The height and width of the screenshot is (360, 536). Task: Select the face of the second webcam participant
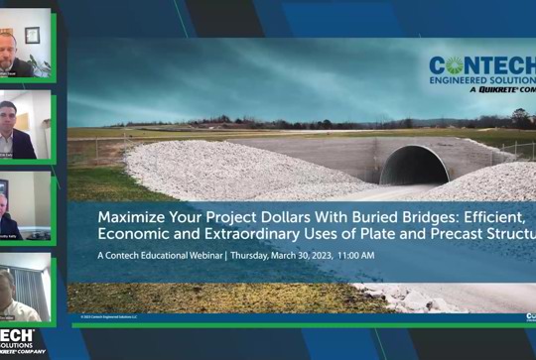[x=9, y=112]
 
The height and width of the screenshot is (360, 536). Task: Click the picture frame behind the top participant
[x=32, y=35]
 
